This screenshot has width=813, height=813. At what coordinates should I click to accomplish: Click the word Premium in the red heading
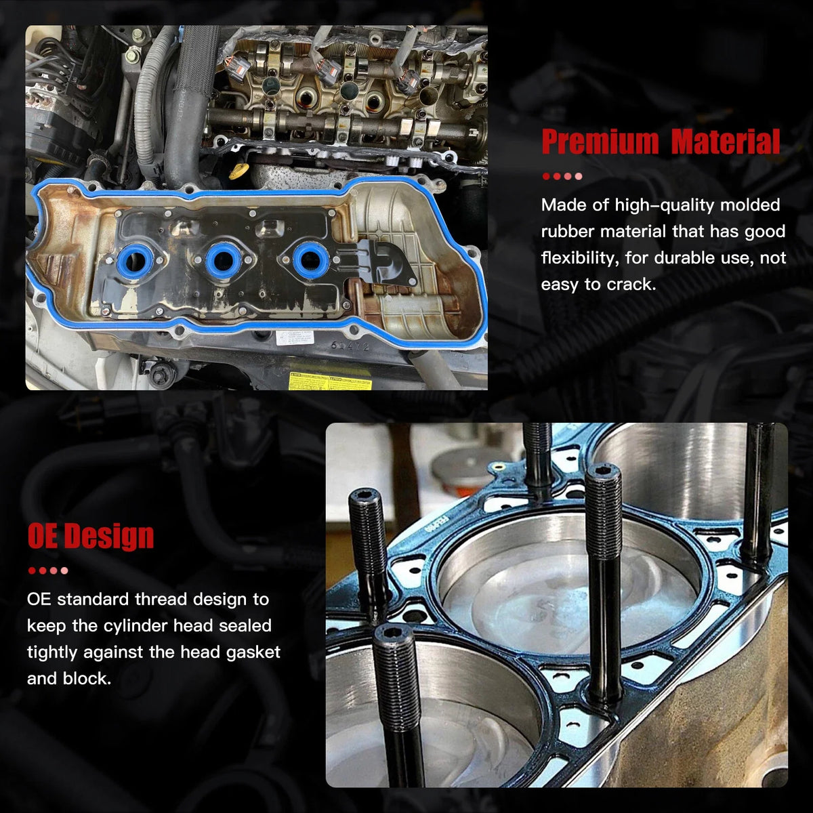600,142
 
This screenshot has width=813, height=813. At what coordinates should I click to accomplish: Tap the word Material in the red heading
725,142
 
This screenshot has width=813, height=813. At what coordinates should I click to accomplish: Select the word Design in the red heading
109,536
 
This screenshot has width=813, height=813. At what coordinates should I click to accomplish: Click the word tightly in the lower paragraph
52,652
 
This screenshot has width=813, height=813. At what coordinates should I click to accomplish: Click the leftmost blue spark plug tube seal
135,261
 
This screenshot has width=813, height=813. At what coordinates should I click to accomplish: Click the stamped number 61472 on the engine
350,346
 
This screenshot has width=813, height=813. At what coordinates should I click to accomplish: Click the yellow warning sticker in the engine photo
330,383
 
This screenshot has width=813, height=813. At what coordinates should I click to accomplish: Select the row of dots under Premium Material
562,176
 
